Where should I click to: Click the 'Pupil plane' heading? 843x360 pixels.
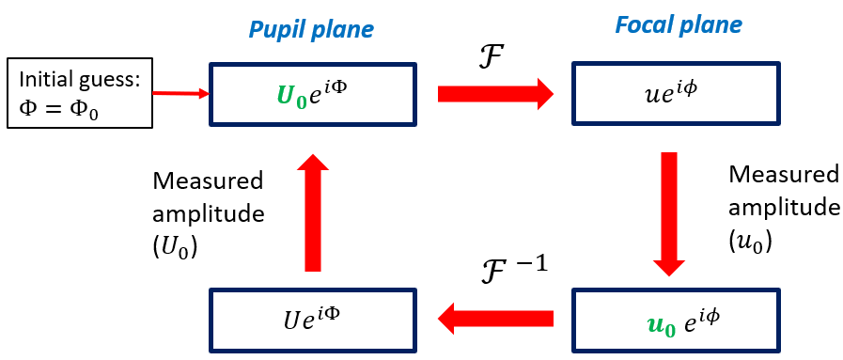click(x=311, y=29)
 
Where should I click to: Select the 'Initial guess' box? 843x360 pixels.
click(x=79, y=94)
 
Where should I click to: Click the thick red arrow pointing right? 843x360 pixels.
click(x=496, y=93)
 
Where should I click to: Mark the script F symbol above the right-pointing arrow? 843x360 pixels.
click(x=491, y=61)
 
